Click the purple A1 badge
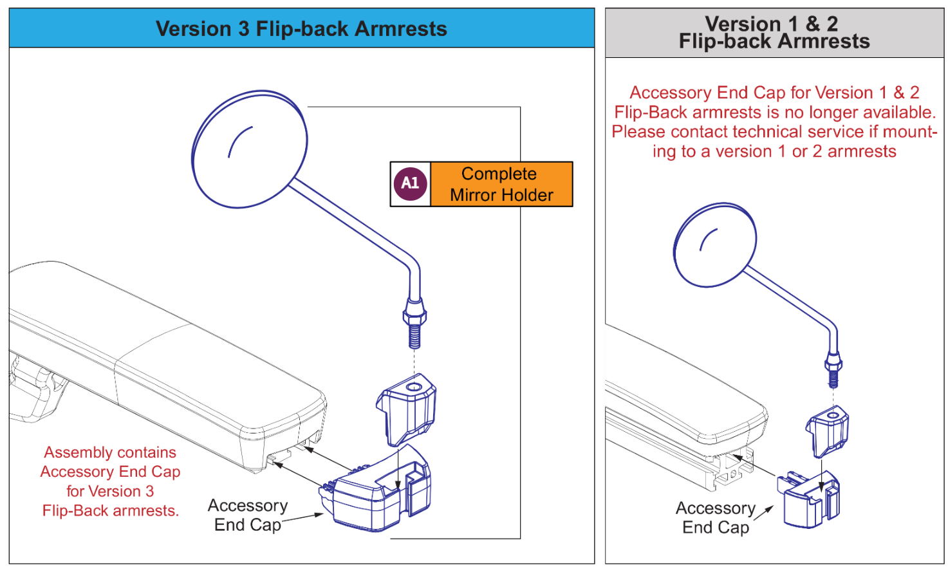pyautogui.click(x=411, y=183)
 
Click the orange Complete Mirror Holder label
pyautogui.click(x=501, y=184)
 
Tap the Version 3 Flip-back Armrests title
pyautogui.click(x=301, y=29)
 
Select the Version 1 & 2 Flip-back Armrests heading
pyautogui.click(x=774, y=33)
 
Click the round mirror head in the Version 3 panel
pyautogui.click(x=250, y=149)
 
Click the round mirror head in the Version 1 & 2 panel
pyautogui.click(x=714, y=245)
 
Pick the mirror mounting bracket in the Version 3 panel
pyautogui.click(x=407, y=409)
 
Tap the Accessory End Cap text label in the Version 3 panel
pyautogui.click(x=248, y=515)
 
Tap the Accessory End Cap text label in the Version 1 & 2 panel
pyautogui.click(x=716, y=518)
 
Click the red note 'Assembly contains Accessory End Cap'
pyautogui.click(x=110, y=481)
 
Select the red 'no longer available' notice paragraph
pyautogui.click(x=774, y=122)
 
